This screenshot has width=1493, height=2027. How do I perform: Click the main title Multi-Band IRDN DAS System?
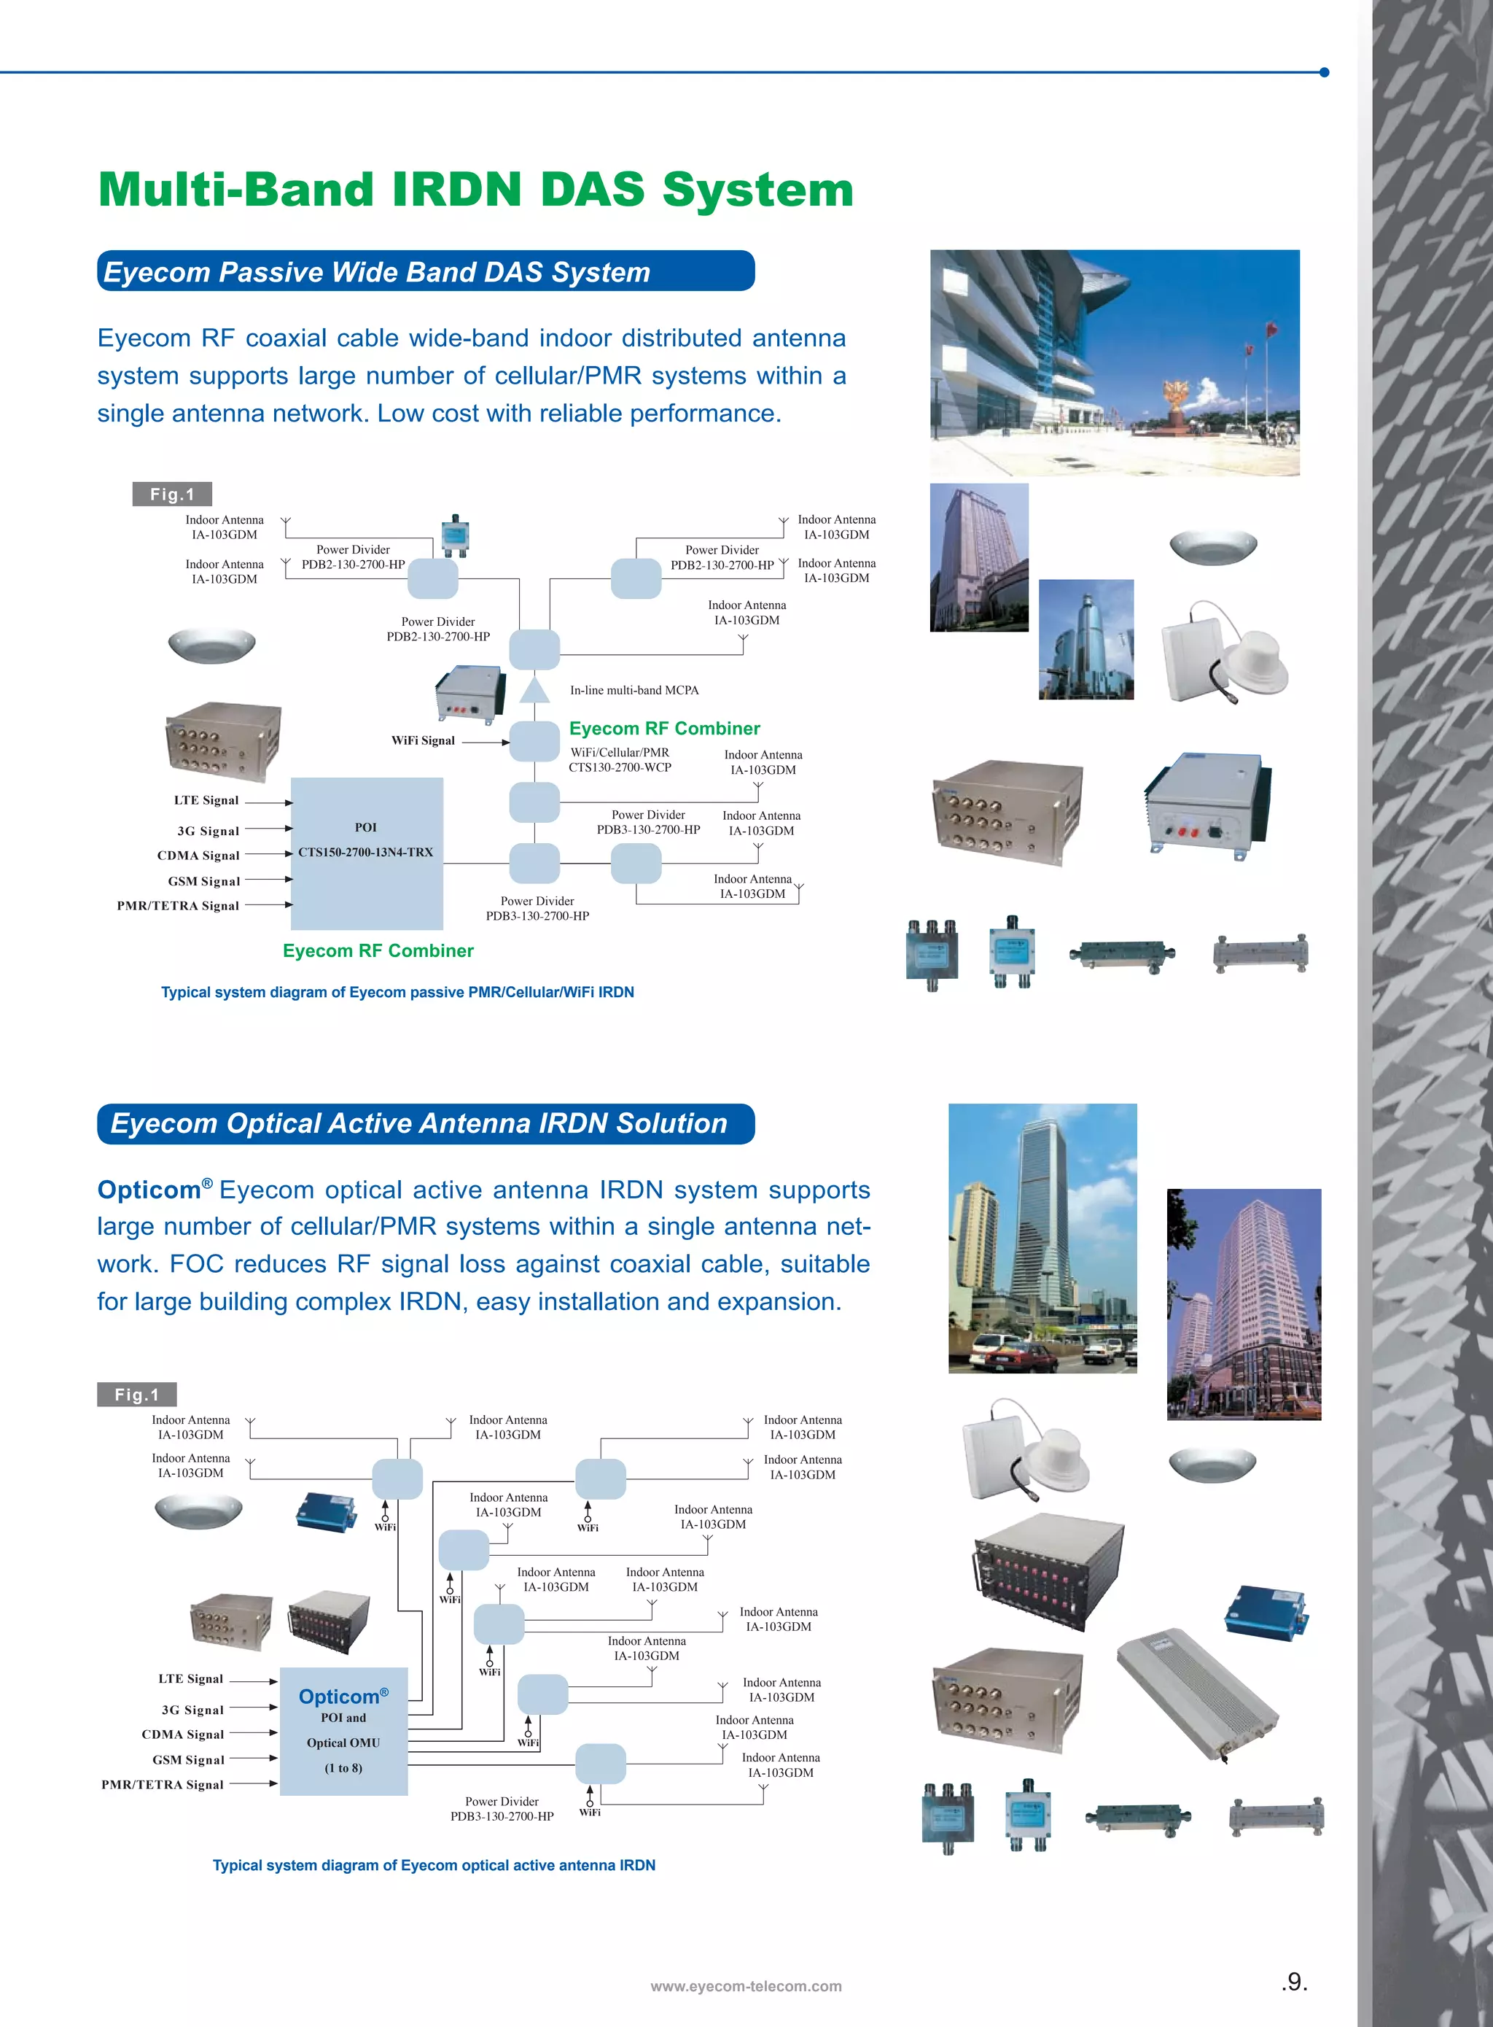tap(475, 190)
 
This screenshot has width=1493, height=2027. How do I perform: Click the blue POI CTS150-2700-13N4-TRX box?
tap(366, 853)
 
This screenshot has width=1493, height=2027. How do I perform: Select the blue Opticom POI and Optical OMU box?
tap(343, 1730)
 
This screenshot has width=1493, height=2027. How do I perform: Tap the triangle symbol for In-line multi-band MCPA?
tap(534, 691)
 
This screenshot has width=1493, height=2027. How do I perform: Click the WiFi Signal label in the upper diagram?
tap(423, 740)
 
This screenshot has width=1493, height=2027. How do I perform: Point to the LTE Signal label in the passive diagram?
tap(206, 800)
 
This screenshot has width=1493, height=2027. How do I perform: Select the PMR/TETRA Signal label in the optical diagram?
tap(163, 1784)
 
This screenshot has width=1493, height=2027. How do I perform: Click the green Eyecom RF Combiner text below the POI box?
tap(378, 950)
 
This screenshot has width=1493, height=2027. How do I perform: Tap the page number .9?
tap(1294, 1982)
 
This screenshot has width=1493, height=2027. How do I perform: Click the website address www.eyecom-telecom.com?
tap(746, 1985)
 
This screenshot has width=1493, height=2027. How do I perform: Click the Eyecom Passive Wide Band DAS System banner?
tap(425, 271)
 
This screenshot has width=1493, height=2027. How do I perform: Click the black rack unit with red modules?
tap(1048, 1570)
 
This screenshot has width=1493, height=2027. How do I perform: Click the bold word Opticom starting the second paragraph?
tap(149, 1190)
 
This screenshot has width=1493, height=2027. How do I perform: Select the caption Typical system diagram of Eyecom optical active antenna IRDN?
tap(434, 1864)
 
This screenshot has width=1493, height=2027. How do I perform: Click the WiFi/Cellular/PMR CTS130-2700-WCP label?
tap(620, 759)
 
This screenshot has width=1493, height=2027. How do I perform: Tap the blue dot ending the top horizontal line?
tap(1324, 72)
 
